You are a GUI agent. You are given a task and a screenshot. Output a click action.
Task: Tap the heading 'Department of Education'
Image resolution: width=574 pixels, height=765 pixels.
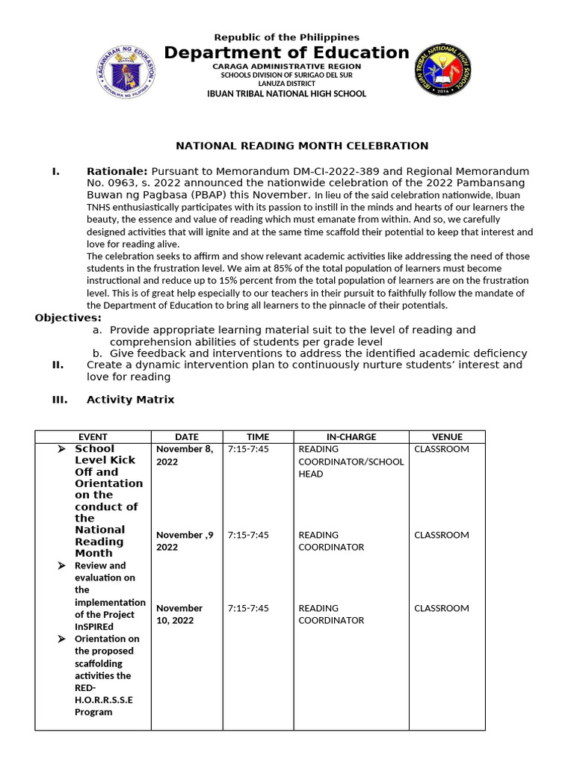pos(286,52)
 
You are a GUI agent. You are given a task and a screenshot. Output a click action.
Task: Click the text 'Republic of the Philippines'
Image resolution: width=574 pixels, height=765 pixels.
pos(286,37)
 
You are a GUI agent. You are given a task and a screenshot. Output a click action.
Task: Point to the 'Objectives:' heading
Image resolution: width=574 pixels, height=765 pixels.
pos(68,318)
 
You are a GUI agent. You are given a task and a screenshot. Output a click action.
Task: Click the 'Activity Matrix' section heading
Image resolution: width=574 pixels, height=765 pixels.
pos(130,400)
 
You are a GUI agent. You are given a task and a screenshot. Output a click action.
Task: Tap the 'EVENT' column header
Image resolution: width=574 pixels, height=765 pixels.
pos(93,437)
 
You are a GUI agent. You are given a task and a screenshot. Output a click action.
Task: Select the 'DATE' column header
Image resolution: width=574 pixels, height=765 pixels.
pos(187,437)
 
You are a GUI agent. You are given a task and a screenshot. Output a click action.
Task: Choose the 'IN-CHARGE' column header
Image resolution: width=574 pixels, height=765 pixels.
pos(351,437)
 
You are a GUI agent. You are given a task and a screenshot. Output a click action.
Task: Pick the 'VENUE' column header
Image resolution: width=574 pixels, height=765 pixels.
pos(447,437)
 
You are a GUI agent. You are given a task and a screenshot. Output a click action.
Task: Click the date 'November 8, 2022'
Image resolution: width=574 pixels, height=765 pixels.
pos(185,456)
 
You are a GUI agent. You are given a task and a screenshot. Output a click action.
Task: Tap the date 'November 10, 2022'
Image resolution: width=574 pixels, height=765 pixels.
pos(179,614)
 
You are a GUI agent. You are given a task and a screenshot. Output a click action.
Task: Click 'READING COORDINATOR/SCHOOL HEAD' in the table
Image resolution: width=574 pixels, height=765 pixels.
pos(351,461)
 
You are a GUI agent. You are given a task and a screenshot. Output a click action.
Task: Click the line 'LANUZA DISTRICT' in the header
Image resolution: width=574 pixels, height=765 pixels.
pos(286,84)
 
